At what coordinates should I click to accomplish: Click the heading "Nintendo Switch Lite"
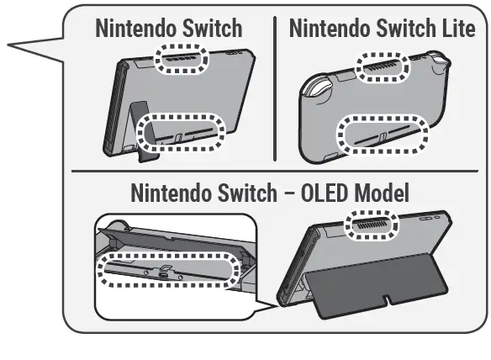click(x=381, y=28)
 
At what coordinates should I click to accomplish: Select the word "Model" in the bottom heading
click(x=379, y=193)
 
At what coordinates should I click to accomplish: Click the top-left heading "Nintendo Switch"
click(x=169, y=28)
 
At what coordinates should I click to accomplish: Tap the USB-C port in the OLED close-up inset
click(x=165, y=273)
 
